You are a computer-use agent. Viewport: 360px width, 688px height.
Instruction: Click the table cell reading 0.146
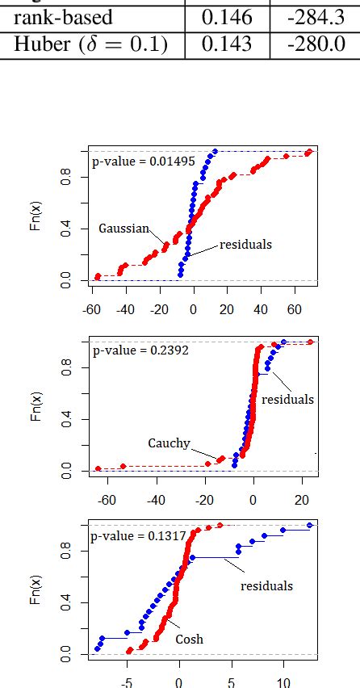coord(227,16)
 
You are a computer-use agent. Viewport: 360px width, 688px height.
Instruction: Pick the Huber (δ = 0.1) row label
coord(90,45)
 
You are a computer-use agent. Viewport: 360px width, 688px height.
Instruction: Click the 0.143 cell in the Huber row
coord(227,45)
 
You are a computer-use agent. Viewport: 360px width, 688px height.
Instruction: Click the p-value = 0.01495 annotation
coord(144,162)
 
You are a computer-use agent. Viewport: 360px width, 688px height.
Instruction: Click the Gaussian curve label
coord(123,229)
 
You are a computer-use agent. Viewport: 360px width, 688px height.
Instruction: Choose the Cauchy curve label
coord(169,443)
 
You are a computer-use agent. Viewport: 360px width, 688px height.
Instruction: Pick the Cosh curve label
coord(189,640)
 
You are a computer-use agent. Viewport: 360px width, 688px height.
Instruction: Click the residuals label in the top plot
coord(245,244)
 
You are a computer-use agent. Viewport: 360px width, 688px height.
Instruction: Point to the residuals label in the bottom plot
coord(266,585)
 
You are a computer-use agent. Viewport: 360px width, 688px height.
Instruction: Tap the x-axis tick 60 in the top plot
coord(293,309)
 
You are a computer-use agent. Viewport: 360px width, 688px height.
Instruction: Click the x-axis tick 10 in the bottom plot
coord(283,682)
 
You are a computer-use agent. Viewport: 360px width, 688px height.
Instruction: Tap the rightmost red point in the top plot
coord(309,152)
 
